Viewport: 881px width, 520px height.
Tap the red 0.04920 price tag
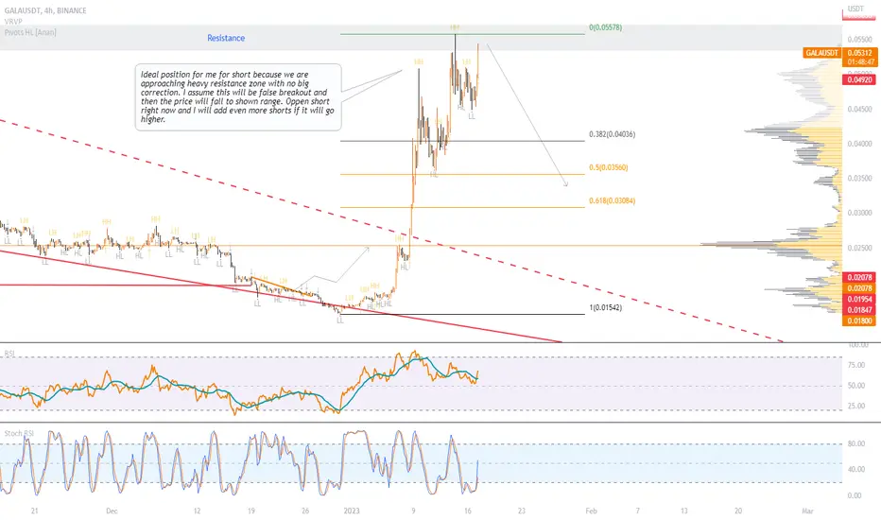point(856,80)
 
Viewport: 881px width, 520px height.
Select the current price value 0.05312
point(856,52)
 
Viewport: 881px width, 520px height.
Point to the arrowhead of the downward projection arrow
point(565,183)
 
